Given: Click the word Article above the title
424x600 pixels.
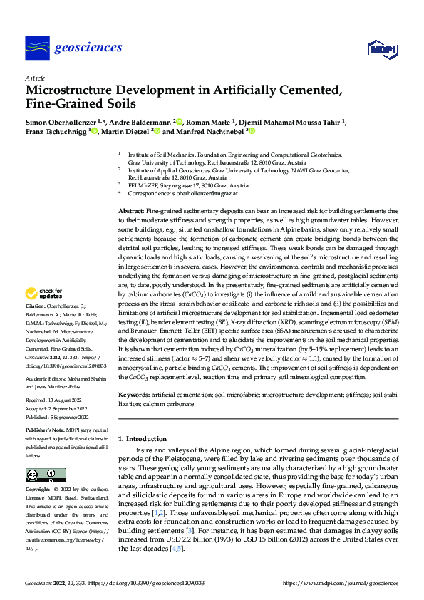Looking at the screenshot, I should click(34, 77).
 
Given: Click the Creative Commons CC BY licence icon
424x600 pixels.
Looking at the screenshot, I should click(45, 475).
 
